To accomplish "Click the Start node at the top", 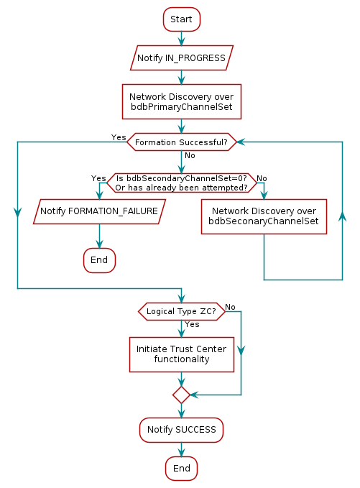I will [181, 19].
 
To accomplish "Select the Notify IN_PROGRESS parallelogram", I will [181, 57].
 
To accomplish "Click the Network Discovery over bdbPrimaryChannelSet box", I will [181, 101].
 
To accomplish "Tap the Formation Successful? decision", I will [181, 142].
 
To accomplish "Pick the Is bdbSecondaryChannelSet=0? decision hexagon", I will [181, 183].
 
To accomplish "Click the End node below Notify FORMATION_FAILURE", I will [99, 259].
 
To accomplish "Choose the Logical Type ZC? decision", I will [181, 311].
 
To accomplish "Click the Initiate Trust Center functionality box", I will [181, 354].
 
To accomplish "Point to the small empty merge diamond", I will [181, 395].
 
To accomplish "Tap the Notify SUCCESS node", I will [181, 429].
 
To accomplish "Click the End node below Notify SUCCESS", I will [181, 469].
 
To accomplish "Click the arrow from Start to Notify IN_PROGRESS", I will [181, 38].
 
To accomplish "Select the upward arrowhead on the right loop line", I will [342, 216].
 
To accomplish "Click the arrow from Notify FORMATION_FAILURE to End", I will [99, 236].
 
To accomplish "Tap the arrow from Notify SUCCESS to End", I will [181, 449].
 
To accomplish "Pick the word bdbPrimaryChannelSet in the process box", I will [181, 107].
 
